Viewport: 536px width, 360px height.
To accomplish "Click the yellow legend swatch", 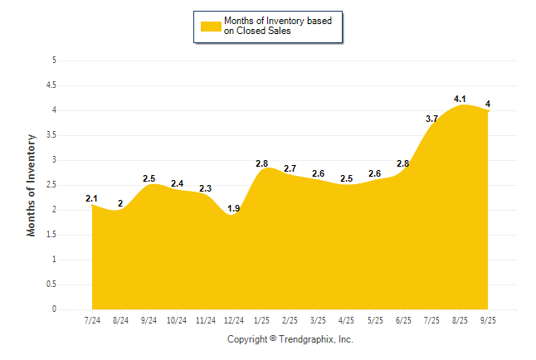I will (x=211, y=26).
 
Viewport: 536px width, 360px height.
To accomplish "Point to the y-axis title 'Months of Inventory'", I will (x=32, y=185).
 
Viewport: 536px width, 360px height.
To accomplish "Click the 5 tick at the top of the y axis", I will (x=54, y=61).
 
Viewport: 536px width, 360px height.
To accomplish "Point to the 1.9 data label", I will (x=233, y=209).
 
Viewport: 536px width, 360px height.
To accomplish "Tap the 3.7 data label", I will (x=432, y=119).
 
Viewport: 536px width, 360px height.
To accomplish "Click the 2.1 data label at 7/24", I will (x=91, y=198).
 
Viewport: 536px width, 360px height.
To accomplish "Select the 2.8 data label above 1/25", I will (x=262, y=163).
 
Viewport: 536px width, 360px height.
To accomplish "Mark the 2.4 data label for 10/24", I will (x=177, y=183).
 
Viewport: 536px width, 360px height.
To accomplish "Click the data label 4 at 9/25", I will (x=488, y=104).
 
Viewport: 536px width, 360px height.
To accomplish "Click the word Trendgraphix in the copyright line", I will (x=305, y=340).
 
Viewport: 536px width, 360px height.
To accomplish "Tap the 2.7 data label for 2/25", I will (x=290, y=168).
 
